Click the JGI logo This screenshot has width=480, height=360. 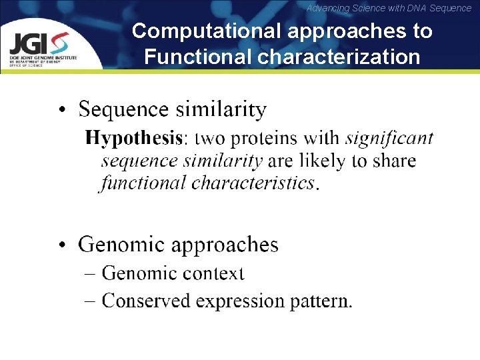tap(39, 46)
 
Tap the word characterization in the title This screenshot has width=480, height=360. tap(339, 57)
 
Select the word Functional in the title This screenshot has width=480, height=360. tap(197, 57)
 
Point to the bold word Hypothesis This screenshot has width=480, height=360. tap(133, 139)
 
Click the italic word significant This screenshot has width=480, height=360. tap(389, 138)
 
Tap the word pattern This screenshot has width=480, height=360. tap(321, 302)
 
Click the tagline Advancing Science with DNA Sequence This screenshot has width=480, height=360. tap(389, 8)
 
